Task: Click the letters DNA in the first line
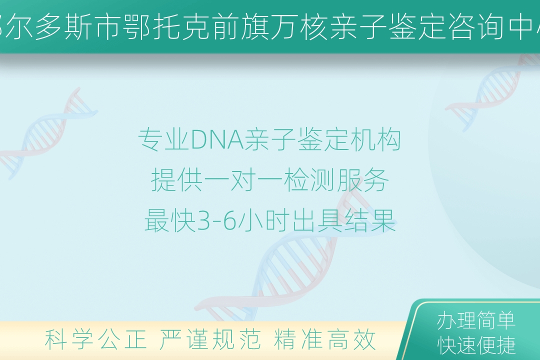(x=217, y=140)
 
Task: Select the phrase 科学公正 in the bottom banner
(x=95, y=339)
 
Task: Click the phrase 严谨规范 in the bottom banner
(x=210, y=339)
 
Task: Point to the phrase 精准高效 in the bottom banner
(x=325, y=339)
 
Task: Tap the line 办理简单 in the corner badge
(x=476, y=320)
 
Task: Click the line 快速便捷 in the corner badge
(x=476, y=345)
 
